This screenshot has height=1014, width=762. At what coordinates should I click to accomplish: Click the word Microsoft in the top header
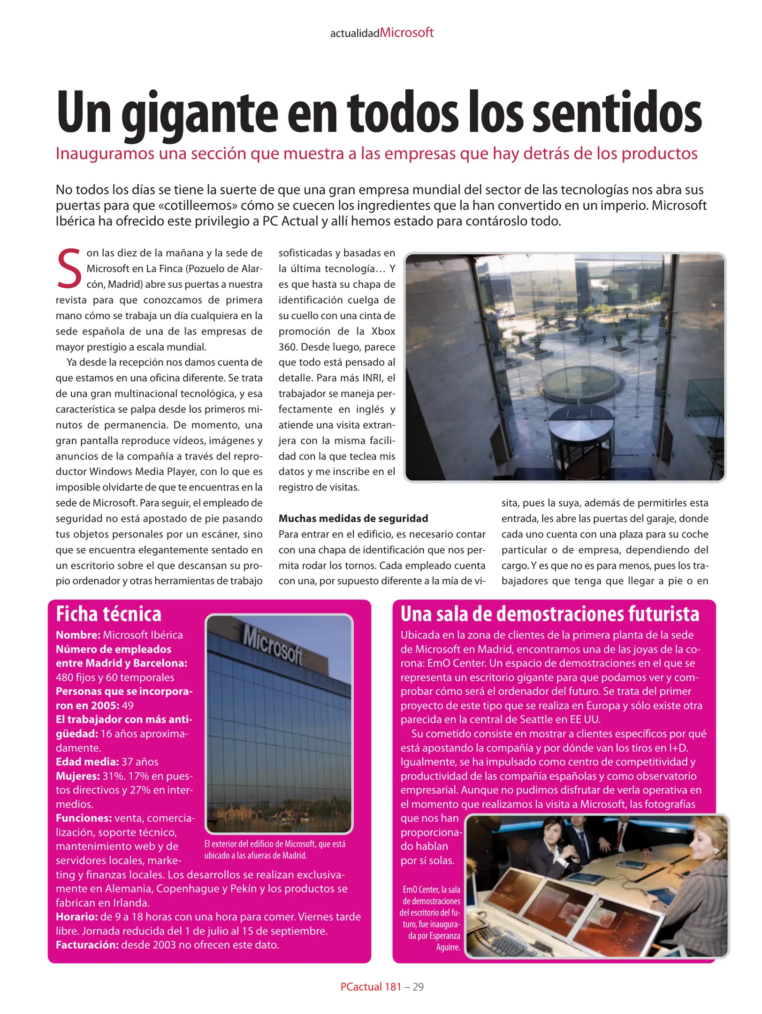406,33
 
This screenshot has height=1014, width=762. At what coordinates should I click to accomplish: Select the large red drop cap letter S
69,269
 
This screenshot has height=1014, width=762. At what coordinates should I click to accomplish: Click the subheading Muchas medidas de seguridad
353,518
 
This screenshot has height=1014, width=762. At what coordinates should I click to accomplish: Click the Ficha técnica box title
108,614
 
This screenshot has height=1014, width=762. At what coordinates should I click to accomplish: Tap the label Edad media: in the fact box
87,761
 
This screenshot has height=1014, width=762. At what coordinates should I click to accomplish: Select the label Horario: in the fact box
76,916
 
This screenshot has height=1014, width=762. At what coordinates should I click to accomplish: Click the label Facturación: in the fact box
87,945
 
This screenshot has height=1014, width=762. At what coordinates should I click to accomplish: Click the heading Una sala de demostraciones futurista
549,614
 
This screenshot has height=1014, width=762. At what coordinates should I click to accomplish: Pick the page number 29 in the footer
418,987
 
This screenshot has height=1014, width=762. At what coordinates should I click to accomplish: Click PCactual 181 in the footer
370,987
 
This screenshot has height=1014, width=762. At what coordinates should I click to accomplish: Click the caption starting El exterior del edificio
274,850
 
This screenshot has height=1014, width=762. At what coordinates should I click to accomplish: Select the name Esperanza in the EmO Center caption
444,936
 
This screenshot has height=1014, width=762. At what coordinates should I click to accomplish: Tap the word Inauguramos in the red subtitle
105,154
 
